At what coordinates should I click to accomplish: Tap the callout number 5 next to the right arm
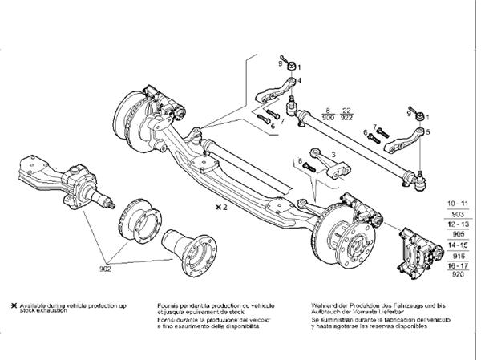coord(428,131)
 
